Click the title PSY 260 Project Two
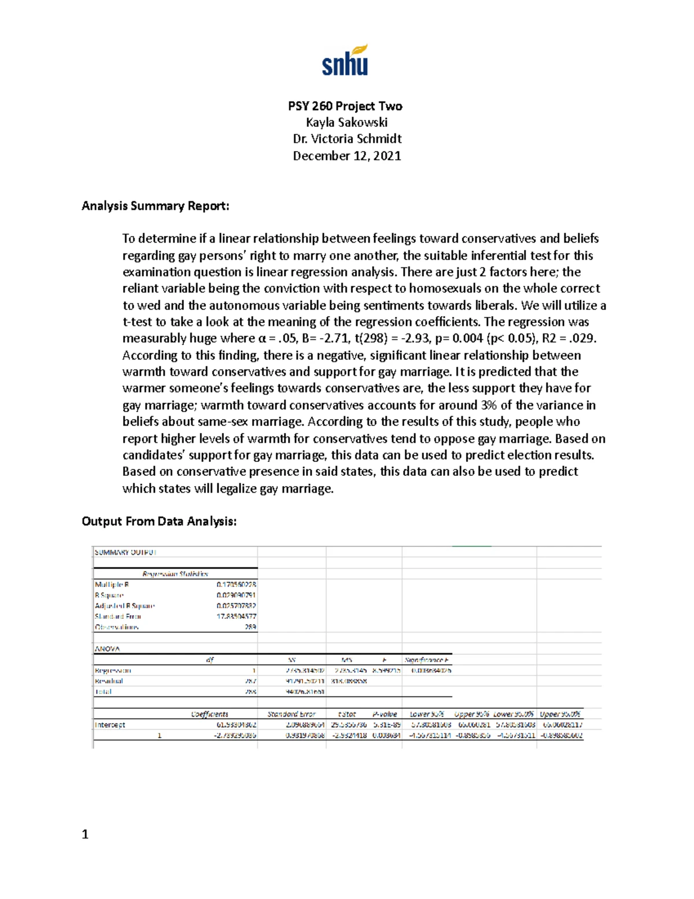coord(345,106)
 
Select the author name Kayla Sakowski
coord(346,122)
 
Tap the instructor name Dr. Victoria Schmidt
coord(347,139)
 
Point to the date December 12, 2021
coord(346,156)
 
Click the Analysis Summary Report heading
coord(155,206)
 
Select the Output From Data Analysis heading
coord(159,522)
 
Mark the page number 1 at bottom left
coord(85,834)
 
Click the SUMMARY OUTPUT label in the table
coord(125,552)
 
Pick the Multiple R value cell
coord(236,585)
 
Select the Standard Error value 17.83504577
coord(236,617)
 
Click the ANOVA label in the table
coord(107,649)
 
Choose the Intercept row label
coord(110,725)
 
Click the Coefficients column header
coord(209,714)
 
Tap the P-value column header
coord(385,714)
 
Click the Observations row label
coord(117,627)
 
